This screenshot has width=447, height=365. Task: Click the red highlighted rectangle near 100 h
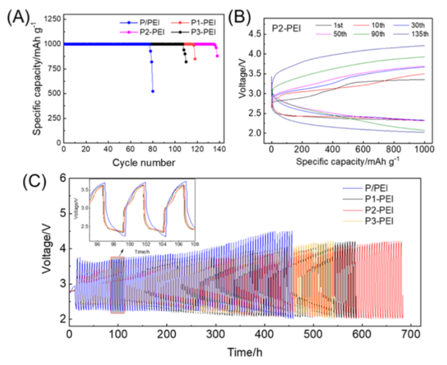pyautogui.click(x=117, y=279)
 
